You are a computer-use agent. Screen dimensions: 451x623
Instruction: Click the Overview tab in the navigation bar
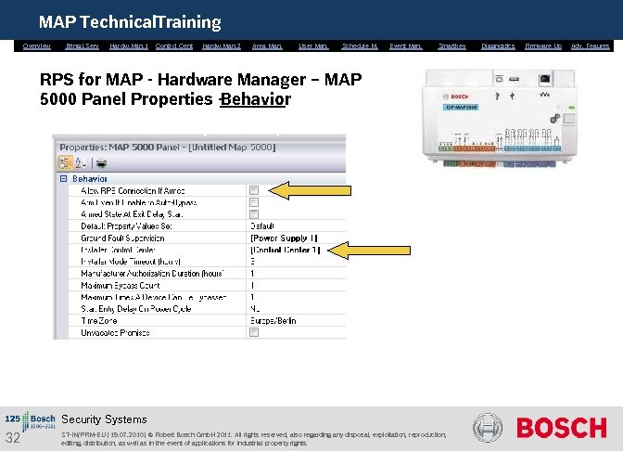tap(37, 45)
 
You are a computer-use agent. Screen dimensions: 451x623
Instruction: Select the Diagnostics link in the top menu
tap(498, 45)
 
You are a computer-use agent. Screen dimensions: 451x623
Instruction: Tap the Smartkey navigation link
tap(451, 45)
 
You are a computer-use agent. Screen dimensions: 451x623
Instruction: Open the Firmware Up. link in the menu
tap(543, 45)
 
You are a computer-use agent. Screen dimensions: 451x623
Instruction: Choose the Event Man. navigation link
tap(406, 45)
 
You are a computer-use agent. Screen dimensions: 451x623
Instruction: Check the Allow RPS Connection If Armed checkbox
tap(254, 190)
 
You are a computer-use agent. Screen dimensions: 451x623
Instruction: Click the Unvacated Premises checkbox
tap(254, 333)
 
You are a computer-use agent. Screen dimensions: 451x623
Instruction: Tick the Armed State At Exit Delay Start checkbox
tap(254, 213)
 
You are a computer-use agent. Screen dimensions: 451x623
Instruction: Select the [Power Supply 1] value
tap(284, 238)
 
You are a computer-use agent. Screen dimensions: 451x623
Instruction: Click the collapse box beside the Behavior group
tap(62, 178)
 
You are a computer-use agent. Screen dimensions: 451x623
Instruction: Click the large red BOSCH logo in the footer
tap(561, 428)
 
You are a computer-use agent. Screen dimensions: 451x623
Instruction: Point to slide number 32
tap(13, 438)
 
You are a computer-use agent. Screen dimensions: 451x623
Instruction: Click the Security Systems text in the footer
tap(104, 419)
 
